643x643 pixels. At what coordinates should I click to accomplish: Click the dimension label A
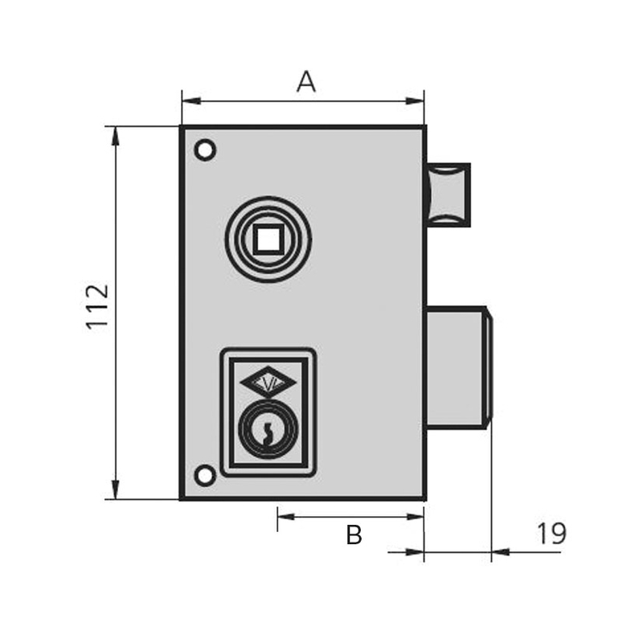coord(305,81)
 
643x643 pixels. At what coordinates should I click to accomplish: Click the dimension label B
coord(354,534)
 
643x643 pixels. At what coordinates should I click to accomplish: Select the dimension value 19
coord(551,533)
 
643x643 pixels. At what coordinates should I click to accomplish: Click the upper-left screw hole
coord(206,150)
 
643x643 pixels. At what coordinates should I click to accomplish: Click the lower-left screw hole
coord(206,475)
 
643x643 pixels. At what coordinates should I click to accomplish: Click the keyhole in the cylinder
coord(266,434)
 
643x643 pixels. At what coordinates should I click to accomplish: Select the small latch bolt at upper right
coord(448,194)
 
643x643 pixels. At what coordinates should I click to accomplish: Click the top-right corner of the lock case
coord(424,127)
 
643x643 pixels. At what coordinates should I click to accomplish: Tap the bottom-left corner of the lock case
coord(181,498)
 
